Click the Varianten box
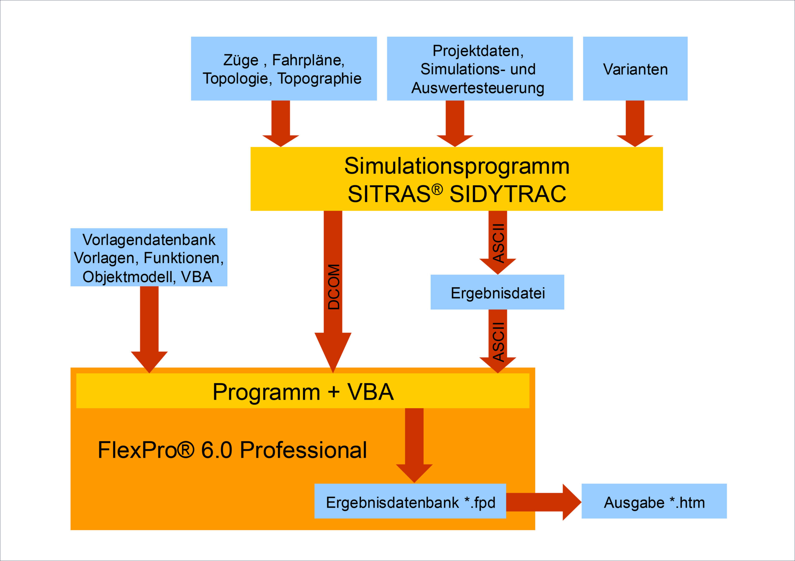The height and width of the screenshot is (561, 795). coord(635,69)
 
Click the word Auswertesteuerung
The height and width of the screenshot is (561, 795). coord(478,88)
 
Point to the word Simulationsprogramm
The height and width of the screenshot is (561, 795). coord(457,166)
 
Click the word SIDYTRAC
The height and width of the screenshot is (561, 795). coord(508,194)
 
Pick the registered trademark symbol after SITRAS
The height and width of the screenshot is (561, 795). coord(437,189)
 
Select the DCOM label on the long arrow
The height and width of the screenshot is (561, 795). coord(334,287)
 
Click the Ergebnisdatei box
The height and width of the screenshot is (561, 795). coord(497,292)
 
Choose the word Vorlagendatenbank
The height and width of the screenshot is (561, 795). coord(149,240)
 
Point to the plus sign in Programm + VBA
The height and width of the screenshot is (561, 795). coord(334,392)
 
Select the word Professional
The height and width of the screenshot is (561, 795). coord(303,450)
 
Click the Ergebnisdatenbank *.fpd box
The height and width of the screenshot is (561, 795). coord(410,501)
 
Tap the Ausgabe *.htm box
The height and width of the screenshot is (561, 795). coord(654,501)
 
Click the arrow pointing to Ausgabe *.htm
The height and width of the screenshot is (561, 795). coord(544,502)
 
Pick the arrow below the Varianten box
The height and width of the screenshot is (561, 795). coord(635,124)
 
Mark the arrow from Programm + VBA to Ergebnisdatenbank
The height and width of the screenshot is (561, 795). coord(414,446)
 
